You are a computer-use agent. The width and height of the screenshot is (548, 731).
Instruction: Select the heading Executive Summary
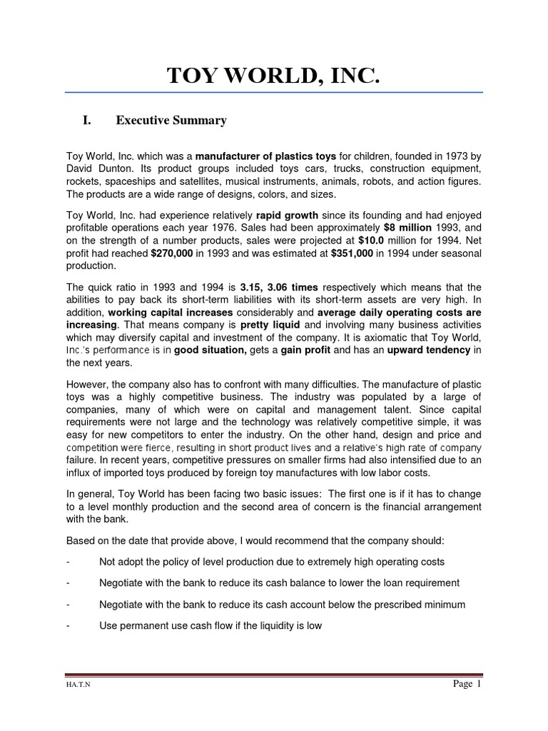[x=171, y=121]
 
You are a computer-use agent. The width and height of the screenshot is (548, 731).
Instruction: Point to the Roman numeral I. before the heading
[x=86, y=121]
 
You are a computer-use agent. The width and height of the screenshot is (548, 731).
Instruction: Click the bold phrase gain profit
[x=305, y=350]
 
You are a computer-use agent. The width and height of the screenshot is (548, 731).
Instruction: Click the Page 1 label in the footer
[x=467, y=684]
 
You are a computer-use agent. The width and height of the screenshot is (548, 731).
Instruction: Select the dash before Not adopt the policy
[x=68, y=562]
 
